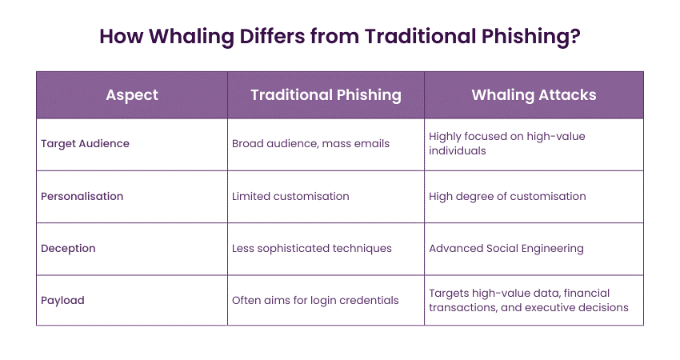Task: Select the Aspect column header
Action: [x=132, y=94]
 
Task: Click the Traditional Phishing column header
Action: [x=326, y=94]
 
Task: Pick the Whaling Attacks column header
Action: [x=534, y=94]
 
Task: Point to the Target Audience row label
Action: [x=85, y=144]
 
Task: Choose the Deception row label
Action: [x=68, y=248]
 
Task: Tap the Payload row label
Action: [x=63, y=300]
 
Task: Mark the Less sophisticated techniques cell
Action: [x=312, y=248]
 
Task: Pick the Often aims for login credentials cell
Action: [x=314, y=300]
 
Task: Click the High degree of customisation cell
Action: [x=507, y=196]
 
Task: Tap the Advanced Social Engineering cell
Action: [x=506, y=248]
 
